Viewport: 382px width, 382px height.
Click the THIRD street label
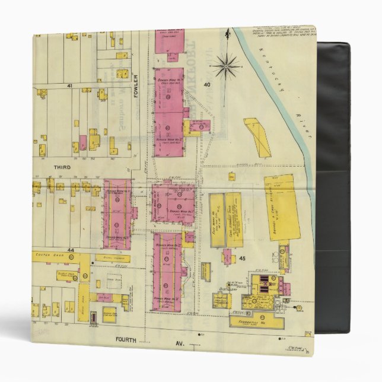[x=62, y=167]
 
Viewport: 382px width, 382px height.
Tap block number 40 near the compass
[x=207, y=85]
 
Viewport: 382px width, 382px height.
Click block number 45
[x=242, y=259]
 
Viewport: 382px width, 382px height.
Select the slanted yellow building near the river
[x=257, y=137]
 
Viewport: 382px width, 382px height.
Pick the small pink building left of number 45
[x=228, y=256]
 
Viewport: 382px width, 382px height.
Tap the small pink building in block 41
[x=83, y=142]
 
